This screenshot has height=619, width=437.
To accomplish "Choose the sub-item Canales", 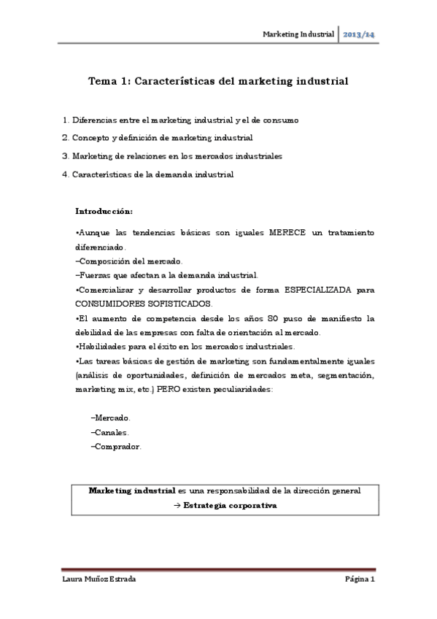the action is click(x=110, y=431).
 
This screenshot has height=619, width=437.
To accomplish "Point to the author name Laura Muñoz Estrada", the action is click(x=100, y=580).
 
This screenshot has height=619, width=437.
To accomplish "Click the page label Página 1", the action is click(x=360, y=580).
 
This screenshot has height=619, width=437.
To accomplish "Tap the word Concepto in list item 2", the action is click(x=90, y=137).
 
